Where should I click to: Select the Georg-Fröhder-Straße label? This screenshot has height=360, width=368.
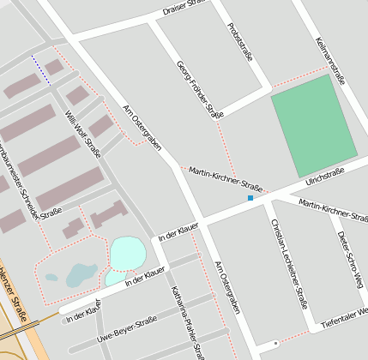pos(199,90)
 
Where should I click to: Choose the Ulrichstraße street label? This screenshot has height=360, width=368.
pos(324,177)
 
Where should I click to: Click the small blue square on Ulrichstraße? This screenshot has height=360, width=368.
pos(250,198)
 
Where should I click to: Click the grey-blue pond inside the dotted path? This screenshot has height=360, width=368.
pos(81,274)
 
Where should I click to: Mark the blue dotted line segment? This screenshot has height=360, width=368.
pos(40,70)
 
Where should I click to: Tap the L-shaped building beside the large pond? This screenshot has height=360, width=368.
pos(107,213)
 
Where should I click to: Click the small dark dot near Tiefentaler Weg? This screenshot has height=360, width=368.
pos(274,344)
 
